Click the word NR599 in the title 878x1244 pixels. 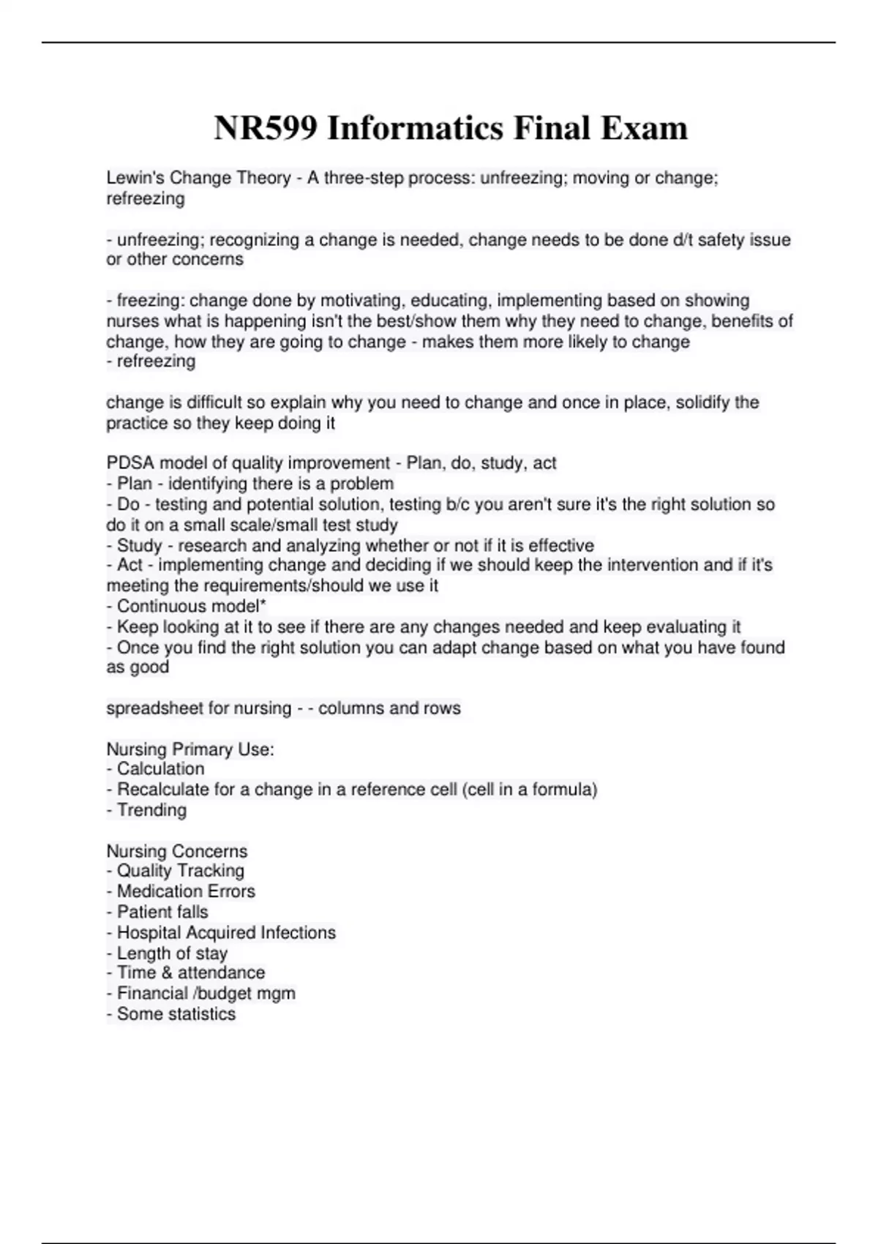point(266,129)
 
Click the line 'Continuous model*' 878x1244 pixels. point(190,607)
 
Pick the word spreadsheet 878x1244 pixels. point(152,708)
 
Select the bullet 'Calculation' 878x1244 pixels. point(160,769)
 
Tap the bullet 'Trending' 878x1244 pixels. point(151,810)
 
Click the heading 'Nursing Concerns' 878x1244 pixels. point(177,851)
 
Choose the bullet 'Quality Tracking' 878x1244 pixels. point(179,871)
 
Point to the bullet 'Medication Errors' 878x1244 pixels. point(185,891)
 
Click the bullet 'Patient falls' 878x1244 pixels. point(162,912)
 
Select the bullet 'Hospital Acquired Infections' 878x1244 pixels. point(225,932)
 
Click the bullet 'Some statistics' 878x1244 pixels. point(176,1014)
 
